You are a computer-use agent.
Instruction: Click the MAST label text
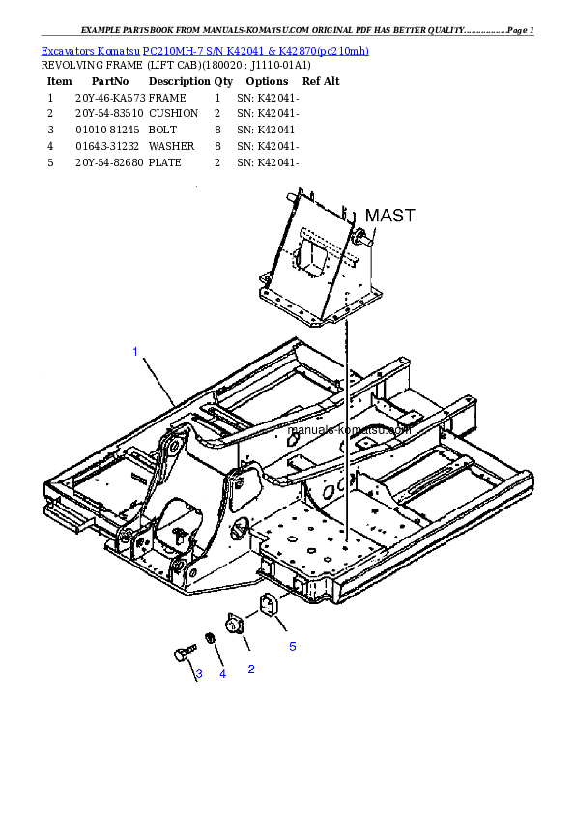tap(389, 216)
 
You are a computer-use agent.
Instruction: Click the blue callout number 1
tap(135, 351)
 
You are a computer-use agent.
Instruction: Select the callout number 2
tap(251, 668)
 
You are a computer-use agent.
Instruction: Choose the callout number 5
tap(292, 647)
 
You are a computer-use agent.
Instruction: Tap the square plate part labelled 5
tap(266, 606)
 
